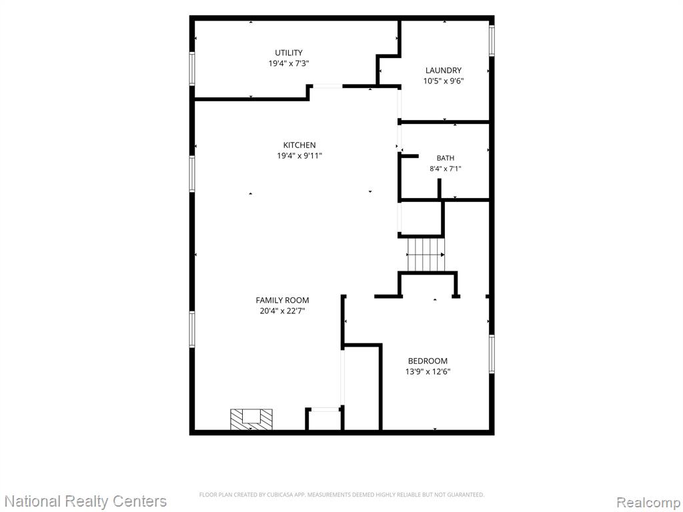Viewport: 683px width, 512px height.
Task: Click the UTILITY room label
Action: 288,53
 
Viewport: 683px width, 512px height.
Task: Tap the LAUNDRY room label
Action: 443,70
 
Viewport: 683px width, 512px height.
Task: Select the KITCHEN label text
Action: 299,145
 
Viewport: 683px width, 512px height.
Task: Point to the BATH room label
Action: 445,158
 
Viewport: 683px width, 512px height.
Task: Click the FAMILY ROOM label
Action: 282,300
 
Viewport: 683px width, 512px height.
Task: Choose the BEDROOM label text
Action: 428,361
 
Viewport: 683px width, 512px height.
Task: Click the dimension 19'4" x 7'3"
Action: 288,63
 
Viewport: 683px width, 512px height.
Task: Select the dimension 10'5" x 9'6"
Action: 444,81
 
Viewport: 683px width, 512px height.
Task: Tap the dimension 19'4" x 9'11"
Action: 299,156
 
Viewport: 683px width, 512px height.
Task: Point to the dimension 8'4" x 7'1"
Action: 445,169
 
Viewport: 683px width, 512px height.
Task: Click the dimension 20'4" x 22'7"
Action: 282,311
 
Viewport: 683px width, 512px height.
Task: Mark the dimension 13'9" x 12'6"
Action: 428,372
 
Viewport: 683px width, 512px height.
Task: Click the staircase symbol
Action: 426,254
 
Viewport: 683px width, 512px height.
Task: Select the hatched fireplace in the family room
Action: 251,419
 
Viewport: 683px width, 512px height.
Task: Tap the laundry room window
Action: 492,41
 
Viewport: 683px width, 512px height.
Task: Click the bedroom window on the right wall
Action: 492,354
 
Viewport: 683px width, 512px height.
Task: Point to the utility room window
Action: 191,68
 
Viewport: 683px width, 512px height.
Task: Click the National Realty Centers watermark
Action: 85,501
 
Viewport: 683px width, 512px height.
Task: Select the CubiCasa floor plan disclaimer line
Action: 341,495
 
